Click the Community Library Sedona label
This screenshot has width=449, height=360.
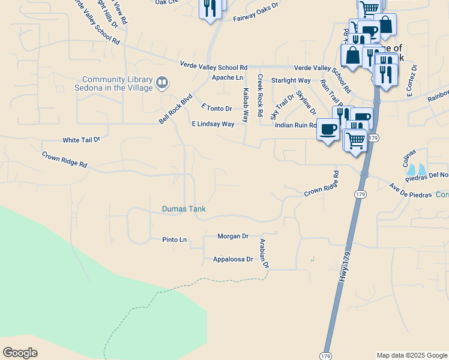pos(118,83)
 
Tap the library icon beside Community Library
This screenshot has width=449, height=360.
pos(161,82)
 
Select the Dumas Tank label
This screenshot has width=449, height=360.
pos(184,209)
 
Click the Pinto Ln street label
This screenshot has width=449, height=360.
pos(175,240)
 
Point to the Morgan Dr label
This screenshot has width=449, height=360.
pos(233,236)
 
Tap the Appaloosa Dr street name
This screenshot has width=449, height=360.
pos(234,260)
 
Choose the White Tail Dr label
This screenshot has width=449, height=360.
pos(82,140)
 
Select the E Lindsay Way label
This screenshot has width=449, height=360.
pos(212,124)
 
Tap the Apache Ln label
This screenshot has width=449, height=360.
pos(228,78)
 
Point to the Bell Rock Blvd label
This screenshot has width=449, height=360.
pos(176,109)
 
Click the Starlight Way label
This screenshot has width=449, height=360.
pos(291,80)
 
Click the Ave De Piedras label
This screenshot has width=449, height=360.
pos(411,187)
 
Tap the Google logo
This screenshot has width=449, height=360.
pos(20,353)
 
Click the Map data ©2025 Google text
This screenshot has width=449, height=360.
pos(411,355)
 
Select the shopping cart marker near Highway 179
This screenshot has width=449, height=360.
pos(355,141)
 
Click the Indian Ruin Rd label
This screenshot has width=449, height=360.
pos(295,125)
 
